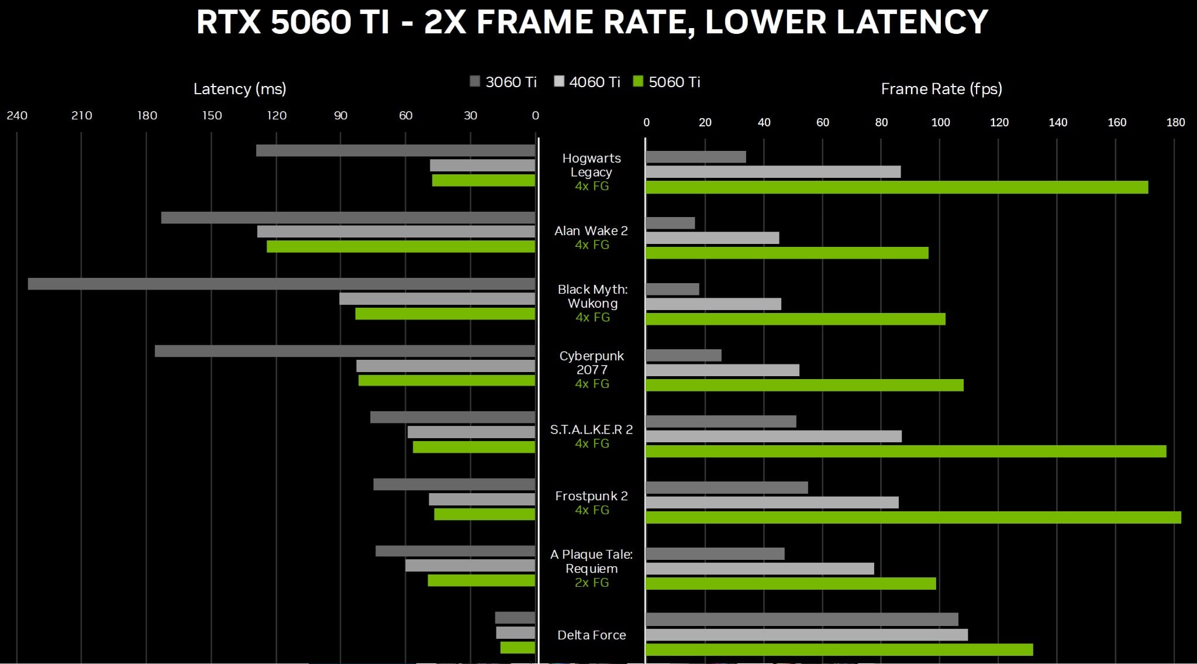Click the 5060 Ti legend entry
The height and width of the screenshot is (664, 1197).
(x=667, y=82)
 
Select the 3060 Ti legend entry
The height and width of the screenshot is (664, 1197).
(x=503, y=82)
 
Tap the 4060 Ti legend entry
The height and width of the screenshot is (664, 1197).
(x=587, y=82)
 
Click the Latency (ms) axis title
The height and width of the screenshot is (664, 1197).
(x=240, y=89)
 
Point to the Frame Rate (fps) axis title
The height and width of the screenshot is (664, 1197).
(x=941, y=89)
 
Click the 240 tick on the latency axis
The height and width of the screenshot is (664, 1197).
(x=17, y=115)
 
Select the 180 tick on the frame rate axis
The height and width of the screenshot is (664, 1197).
(x=1175, y=122)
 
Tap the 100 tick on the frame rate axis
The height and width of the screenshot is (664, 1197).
(x=940, y=122)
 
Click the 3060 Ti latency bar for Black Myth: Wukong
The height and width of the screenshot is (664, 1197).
(x=281, y=284)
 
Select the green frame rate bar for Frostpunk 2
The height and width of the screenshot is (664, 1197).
(x=913, y=517)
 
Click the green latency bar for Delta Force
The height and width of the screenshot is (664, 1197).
(x=518, y=648)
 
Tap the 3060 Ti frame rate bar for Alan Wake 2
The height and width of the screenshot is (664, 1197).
(x=670, y=223)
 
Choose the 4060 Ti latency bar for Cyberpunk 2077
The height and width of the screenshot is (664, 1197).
(x=446, y=366)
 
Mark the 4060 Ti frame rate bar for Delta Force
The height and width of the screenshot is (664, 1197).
(x=806, y=635)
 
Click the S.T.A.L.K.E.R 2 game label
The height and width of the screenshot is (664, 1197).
(x=591, y=429)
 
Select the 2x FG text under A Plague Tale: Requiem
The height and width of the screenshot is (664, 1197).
(x=592, y=583)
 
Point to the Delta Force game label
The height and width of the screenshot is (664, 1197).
(x=591, y=635)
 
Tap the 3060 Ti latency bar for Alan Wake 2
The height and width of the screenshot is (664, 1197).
(x=348, y=218)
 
